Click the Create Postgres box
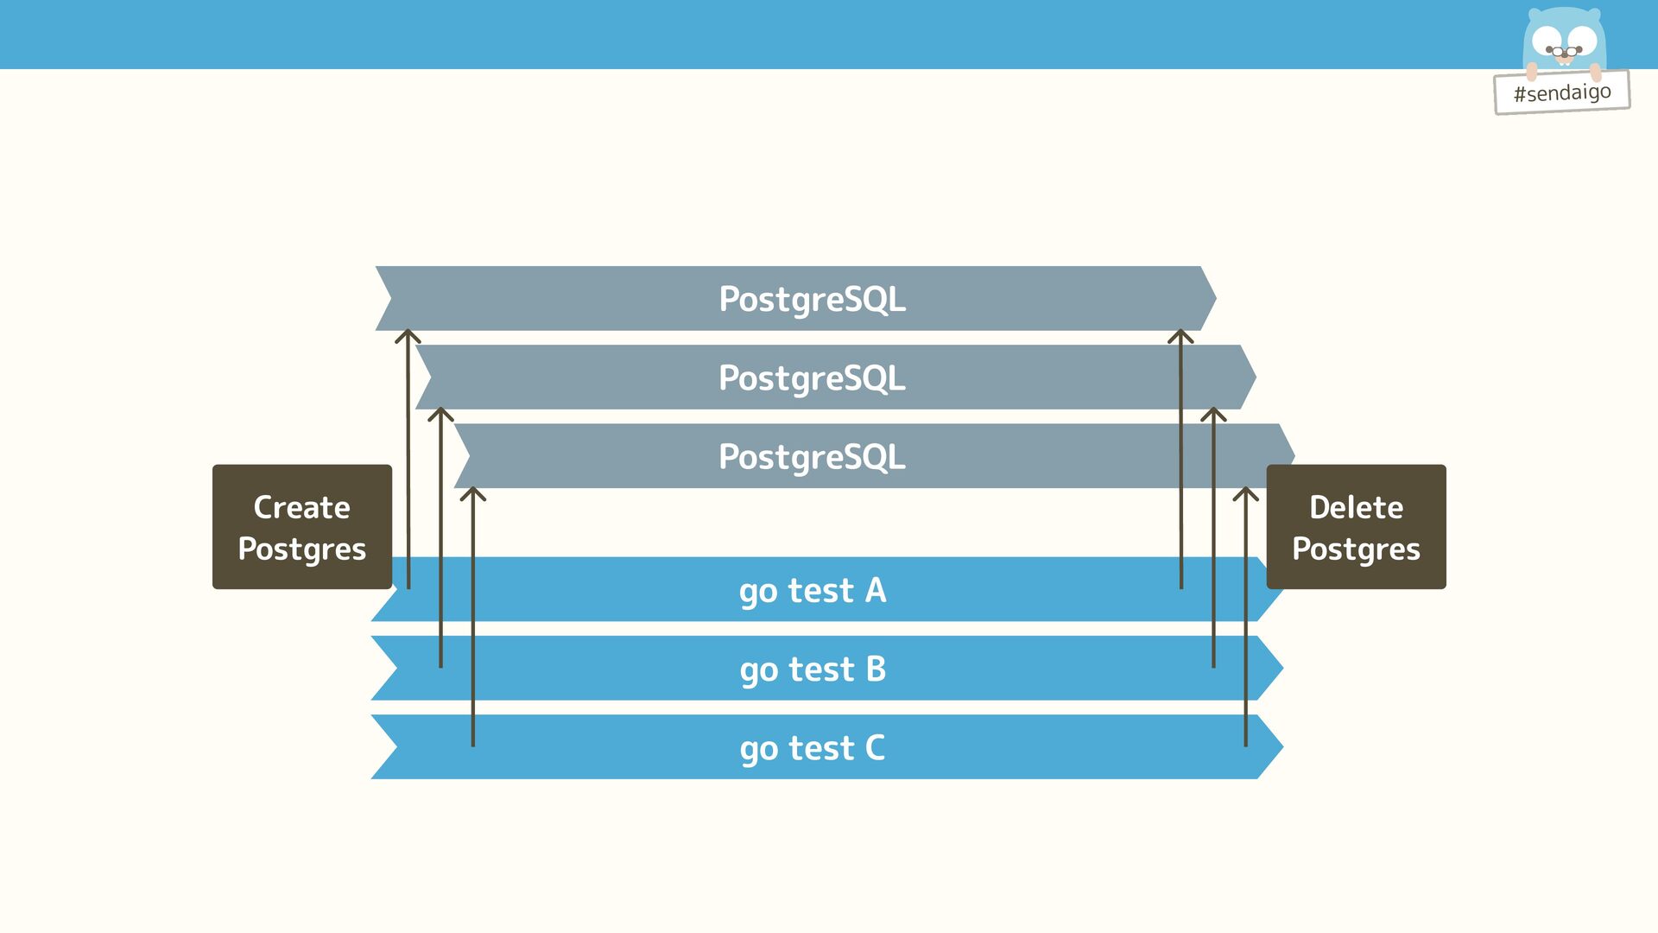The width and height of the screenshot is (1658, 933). click(x=301, y=527)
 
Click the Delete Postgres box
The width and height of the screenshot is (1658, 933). click(x=1356, y=527)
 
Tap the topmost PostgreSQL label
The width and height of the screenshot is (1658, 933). click(x=812, y=299)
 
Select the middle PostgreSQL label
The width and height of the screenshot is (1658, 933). click(x=812, y=378)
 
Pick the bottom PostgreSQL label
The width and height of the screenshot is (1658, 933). click(x=812, y=456)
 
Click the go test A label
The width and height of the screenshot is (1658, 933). click(x=812, y=590)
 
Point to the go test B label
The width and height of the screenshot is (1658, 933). click(x=812, y=669)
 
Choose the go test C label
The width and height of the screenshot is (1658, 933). click(x=812, y=747)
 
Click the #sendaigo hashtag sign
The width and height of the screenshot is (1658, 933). click(x=1561, y=92)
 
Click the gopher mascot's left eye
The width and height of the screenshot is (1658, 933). click(x=1547, y=39)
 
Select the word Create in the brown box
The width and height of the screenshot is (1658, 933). click(x=301, y=507)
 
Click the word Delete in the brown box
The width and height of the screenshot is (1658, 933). click(x=1356, y=507)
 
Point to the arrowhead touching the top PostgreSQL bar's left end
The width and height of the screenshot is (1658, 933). click(x=408, y=335)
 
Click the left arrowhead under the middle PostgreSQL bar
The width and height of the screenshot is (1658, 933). click(x=440, y=414)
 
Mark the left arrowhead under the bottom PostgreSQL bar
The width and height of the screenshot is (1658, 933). click(x=472, y=493)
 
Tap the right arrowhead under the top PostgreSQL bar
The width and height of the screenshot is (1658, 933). click(x=1180, y=335)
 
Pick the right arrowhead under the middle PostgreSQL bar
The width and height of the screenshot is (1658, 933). click(x=1213, y=414)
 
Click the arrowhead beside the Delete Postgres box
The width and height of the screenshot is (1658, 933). click(x=1245, y=493)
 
